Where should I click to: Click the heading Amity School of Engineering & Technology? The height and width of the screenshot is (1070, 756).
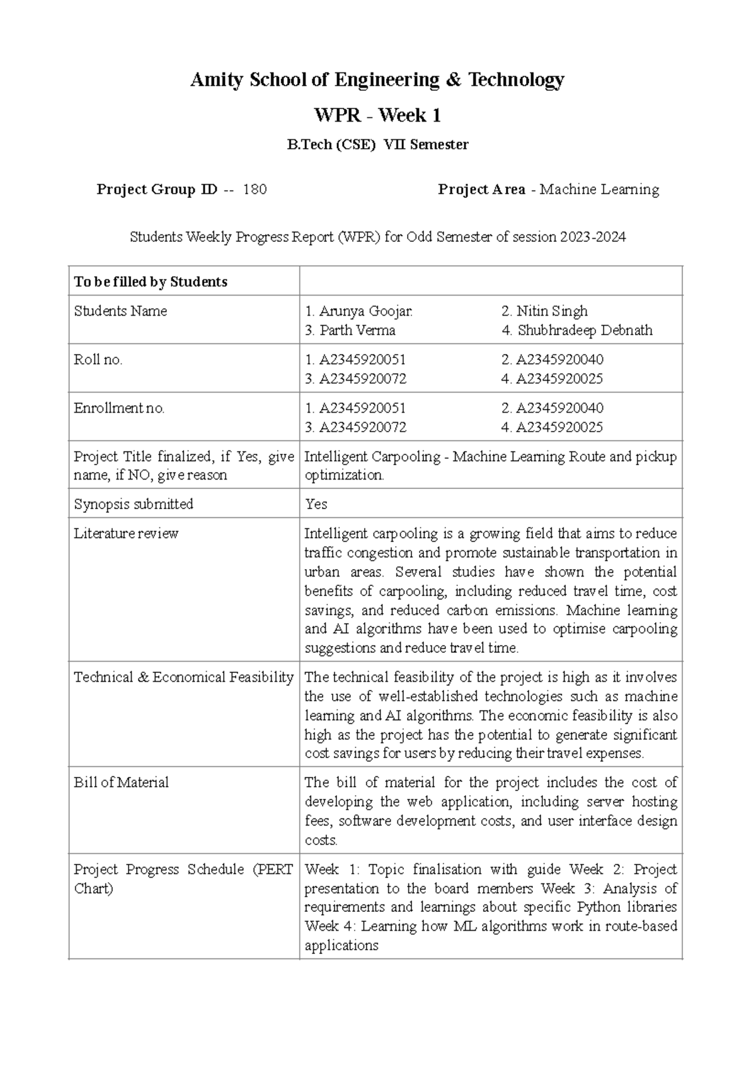(x=377, y=80)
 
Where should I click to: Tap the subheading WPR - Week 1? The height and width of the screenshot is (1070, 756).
(x=377, y=116)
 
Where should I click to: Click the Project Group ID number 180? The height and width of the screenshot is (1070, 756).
(x=255, y=190)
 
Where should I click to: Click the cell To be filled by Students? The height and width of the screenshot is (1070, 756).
(x=151, y=282)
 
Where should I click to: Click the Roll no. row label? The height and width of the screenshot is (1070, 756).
(x=98, y=360)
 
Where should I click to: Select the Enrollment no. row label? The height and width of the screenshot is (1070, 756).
(x=119, y=408)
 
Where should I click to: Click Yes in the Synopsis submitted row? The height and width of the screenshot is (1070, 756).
(x=316, y=504)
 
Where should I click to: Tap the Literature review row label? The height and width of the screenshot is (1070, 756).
(x=126, y=534)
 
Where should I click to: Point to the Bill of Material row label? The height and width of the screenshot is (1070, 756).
(x=121, y=783)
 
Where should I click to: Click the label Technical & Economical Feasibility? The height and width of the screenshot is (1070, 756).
(x=183, y=677)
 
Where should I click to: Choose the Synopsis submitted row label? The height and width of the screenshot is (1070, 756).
(x=134, y=504)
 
